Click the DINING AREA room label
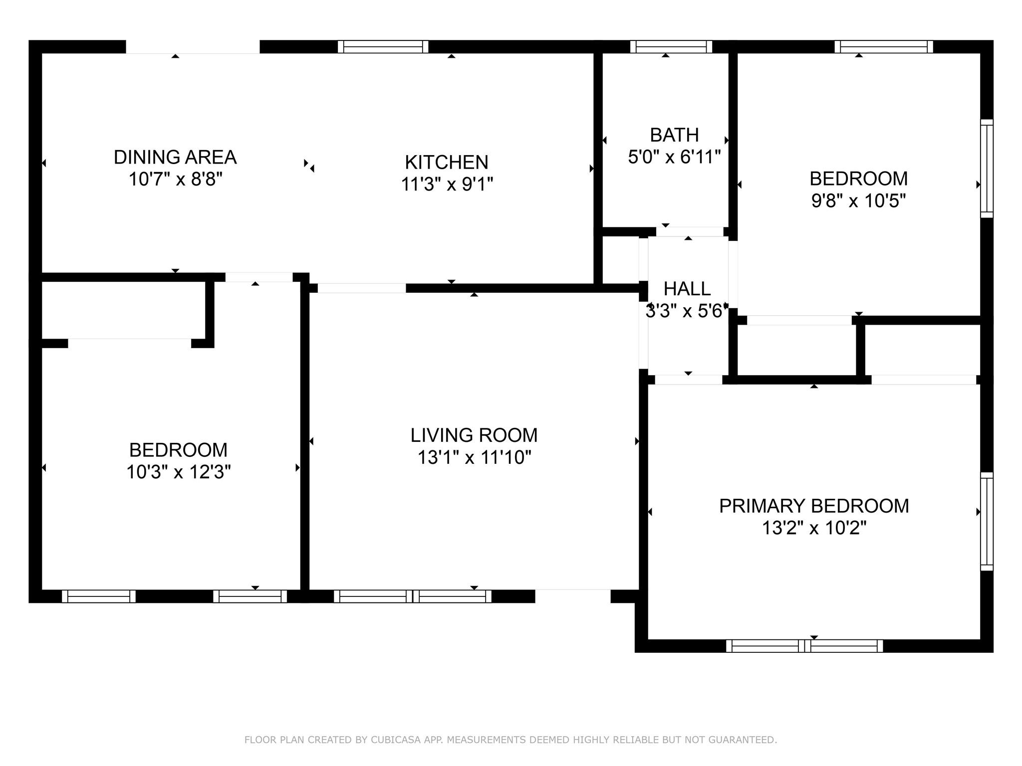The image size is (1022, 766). click(x=175, y=157)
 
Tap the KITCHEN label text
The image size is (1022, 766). click(x=447, y=162)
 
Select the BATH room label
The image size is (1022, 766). click(x=674, y=135)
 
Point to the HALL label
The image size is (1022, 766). click(x=687, y=289)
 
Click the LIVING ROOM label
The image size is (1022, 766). click(x=474, y=435)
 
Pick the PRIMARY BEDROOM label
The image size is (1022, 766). click(x=814, y=506)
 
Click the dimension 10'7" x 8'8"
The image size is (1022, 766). click(x=175, y=179)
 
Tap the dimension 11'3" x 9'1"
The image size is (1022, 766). click(x=447, y=184)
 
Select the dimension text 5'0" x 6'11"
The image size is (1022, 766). click(x=674, y=157)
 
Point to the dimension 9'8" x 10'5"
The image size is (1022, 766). click(x=858, y=201)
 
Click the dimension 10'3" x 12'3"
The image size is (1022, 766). click(x=178, y=472)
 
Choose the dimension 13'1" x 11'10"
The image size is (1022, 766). click(x=474, y=457)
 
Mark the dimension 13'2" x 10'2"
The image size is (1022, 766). click(x=814, y=528)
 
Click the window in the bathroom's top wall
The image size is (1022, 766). click(x=671, y=47)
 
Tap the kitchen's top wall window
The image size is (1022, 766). click(x=383, y=47)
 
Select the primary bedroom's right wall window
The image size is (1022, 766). click(x=987, y=521)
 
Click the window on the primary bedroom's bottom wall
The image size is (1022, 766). click(x=804, y=646)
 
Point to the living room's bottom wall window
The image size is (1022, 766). click(x=413, y=596)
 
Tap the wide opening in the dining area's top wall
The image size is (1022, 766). click(x=193, y=47)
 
